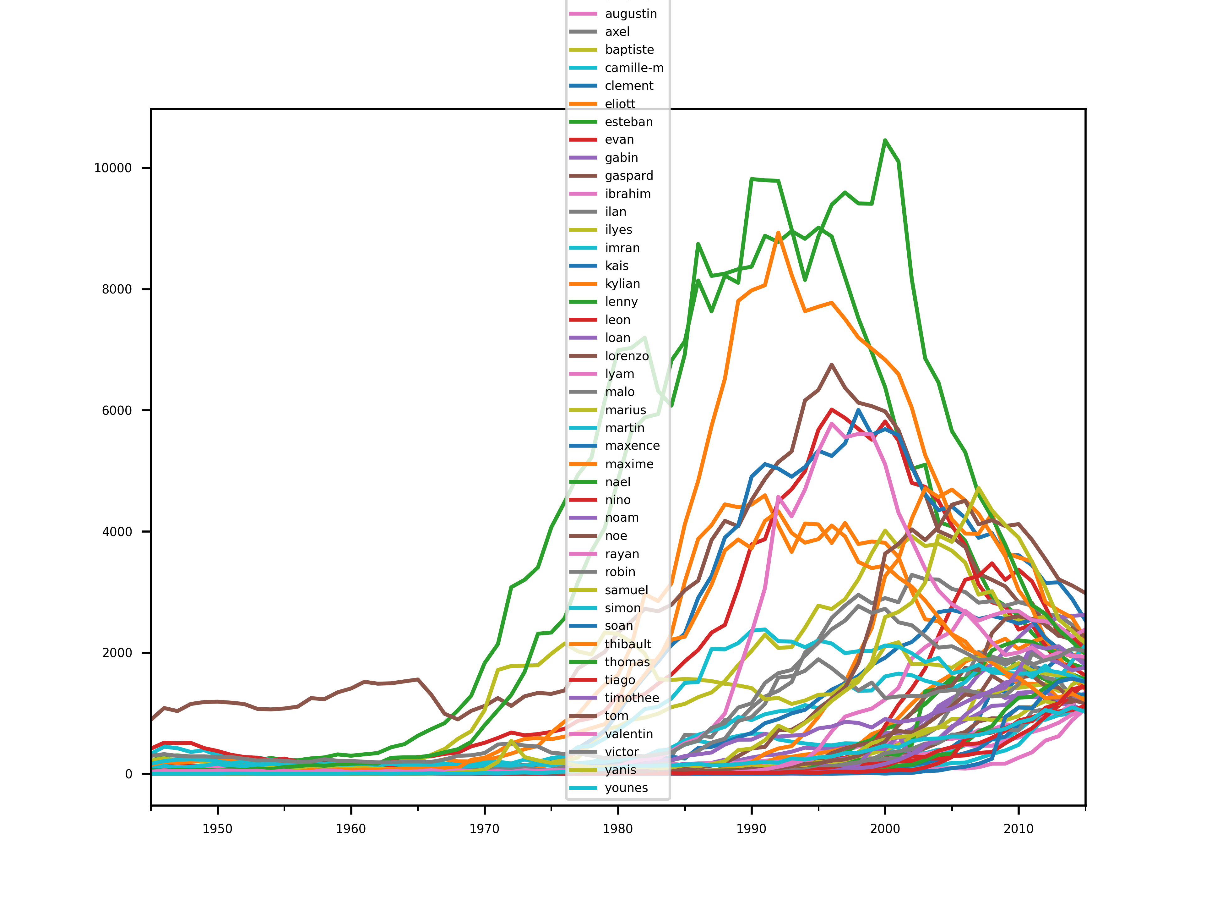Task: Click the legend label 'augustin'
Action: pos(631,14)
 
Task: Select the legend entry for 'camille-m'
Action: pos(634,68)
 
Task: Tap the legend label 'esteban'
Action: pos(629,122)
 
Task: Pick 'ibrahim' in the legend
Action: pos(627,194)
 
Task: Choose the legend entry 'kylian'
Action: pos(622,284)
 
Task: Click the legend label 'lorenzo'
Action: pos(627,356)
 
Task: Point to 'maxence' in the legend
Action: pos(632,446)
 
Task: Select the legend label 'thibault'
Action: pos(627,644)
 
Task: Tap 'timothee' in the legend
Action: pos(632,698)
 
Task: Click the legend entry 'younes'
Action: pos(626,788)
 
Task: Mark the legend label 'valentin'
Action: pos(629,734)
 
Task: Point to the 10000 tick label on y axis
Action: pos(113,168)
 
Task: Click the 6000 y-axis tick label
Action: pos(117,410)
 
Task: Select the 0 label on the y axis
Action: pos(129,774)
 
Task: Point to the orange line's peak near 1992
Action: pos(778,233)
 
